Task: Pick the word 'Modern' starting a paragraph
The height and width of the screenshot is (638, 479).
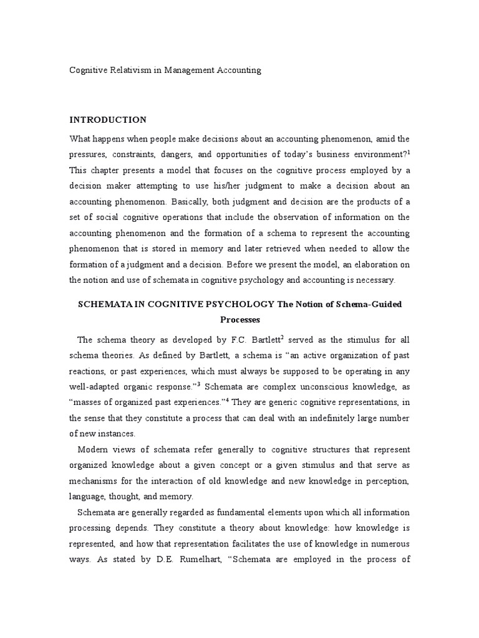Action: [94, 450]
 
